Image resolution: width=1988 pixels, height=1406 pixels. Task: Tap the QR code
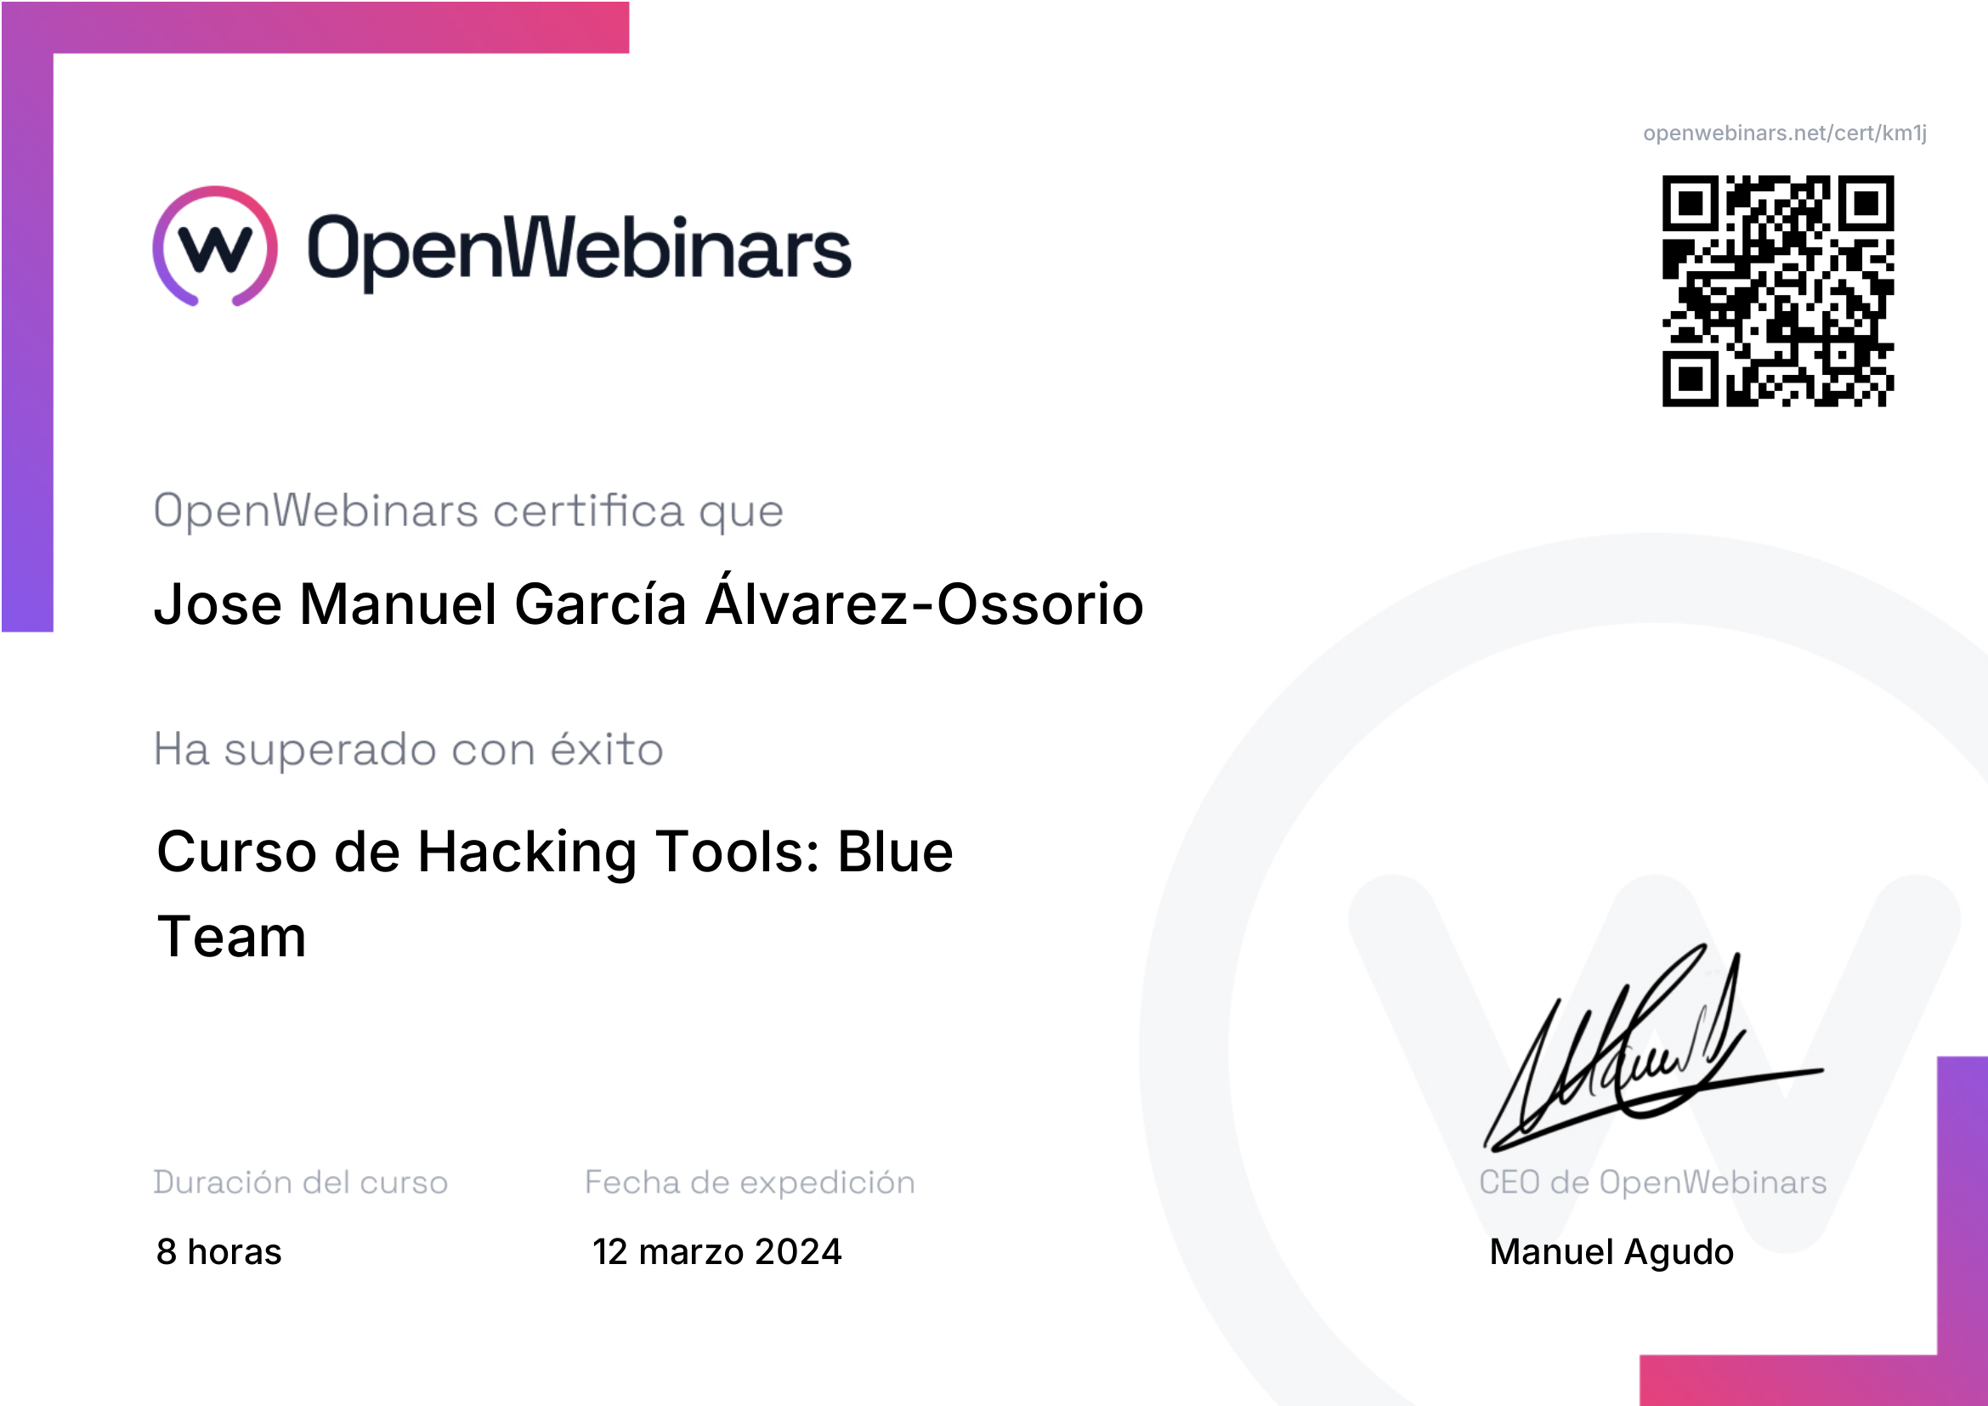1777,291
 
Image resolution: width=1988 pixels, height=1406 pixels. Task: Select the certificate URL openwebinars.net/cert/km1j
1785,133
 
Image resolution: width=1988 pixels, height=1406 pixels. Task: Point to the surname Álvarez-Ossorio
925,603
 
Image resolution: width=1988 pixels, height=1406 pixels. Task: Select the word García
601,603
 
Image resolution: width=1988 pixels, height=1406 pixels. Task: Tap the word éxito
607,749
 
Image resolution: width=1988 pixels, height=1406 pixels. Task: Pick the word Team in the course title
231,937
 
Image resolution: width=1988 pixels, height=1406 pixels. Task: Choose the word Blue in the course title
894,852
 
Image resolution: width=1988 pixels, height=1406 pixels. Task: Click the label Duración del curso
300,1182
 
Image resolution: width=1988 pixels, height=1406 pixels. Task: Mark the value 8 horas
218,1252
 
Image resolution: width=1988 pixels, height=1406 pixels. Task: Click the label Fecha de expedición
750,1182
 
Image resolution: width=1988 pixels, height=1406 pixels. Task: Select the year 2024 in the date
797,1252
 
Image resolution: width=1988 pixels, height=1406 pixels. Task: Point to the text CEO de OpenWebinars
1652,1182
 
